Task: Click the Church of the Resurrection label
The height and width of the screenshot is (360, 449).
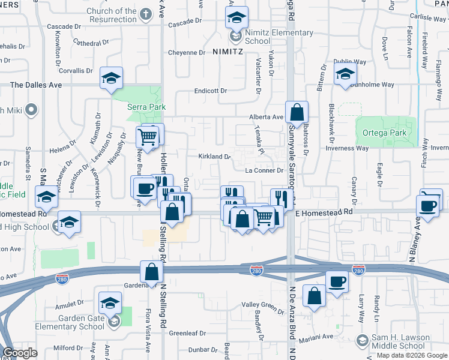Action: pyautogui.click(x=111, y=15)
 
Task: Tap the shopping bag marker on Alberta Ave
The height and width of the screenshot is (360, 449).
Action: pyautogui.click(x=297, y=112)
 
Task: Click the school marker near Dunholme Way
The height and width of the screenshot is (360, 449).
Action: pyautogui.click(x=346, y=76)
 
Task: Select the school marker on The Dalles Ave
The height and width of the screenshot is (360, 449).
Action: pyautogui.click(x=111, y=79)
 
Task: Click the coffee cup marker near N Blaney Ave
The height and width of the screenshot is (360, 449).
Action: pyautogui.click(x=429, y=206)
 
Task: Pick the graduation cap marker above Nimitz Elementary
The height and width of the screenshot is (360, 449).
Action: pyautogui.click(x=237, y=17)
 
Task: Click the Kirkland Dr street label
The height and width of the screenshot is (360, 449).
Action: pyautogui.click(x=215, y=157)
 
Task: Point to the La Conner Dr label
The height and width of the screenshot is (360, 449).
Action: pyautogui.click(x=264, y=170)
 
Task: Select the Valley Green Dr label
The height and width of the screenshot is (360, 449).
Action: pyautogui.click(x=262, y=305)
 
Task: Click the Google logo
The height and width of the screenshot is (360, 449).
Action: pyautogui.click(x=21, y=353)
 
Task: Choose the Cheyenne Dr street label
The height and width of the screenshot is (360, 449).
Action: pyautogui.click(x=186, y=52)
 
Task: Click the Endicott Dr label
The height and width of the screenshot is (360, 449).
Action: pyautogui.click(x=210, y=91)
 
